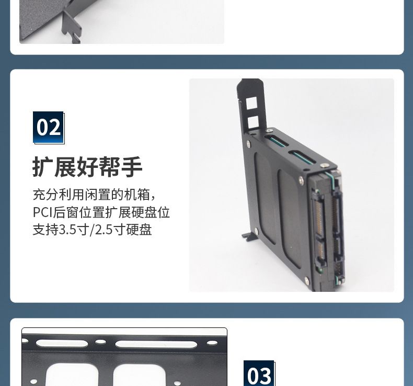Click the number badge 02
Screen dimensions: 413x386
pos(49,128)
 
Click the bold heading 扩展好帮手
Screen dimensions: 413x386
pos(87,167)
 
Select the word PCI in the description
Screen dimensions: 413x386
pos(43,212)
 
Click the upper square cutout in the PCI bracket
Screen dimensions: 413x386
pos(251,103)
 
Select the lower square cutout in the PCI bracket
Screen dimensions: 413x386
pos(254,122)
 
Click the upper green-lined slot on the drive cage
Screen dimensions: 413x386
pos(277,141)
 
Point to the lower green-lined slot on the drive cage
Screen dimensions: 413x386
pos(302,156)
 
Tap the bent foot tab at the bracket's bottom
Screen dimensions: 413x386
pos(249,236)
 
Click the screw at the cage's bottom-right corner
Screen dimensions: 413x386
pos(306,280)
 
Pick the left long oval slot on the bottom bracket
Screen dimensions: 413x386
pos(62,343)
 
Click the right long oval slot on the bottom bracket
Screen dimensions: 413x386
pos(156,344)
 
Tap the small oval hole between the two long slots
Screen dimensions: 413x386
pos(100,342)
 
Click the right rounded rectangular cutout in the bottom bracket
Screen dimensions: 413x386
pos(140,375)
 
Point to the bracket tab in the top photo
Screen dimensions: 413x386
pos(71,26)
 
